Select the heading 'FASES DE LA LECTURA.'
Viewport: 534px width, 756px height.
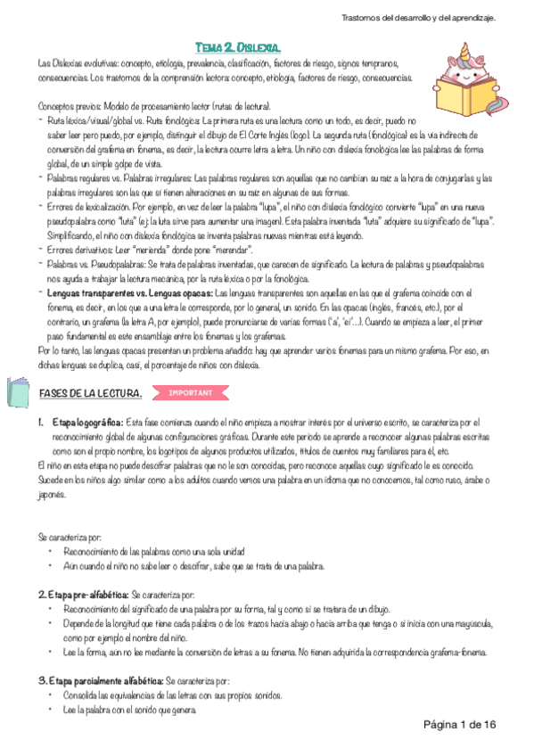(90, 393)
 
